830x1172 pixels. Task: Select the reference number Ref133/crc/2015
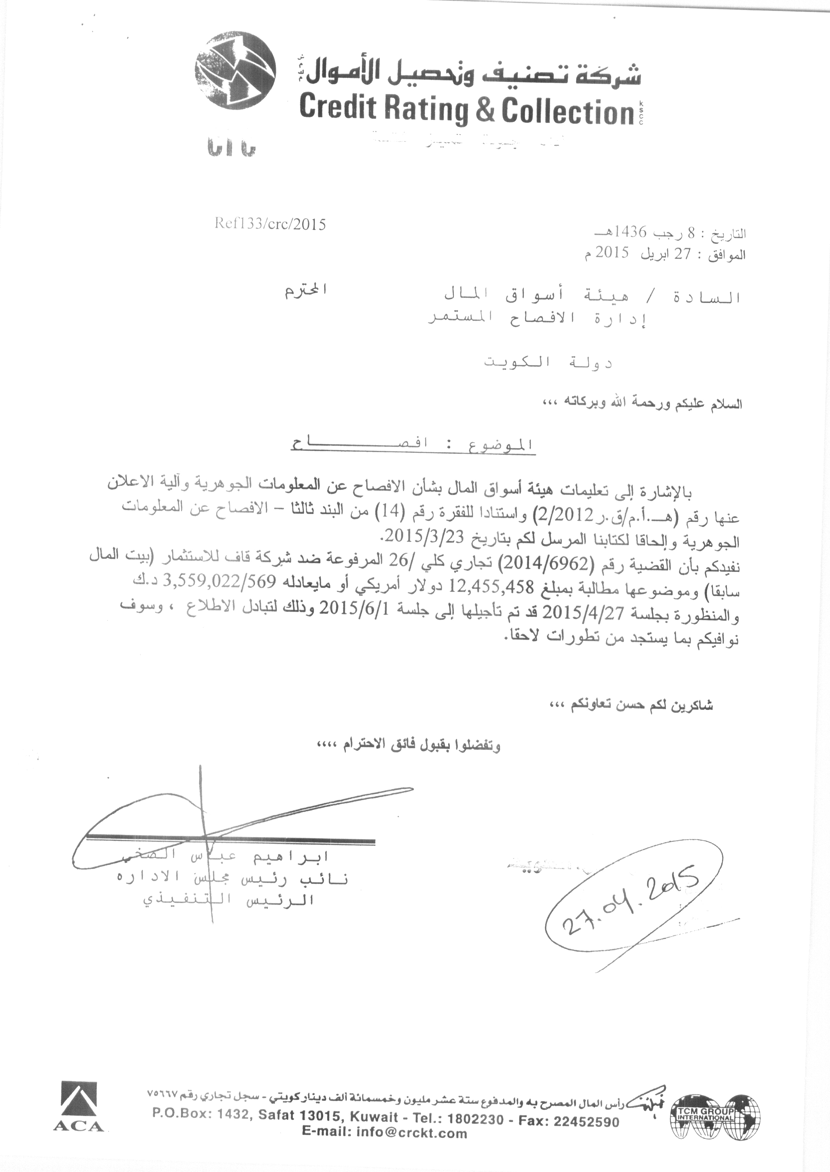(x=270, y=225)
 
